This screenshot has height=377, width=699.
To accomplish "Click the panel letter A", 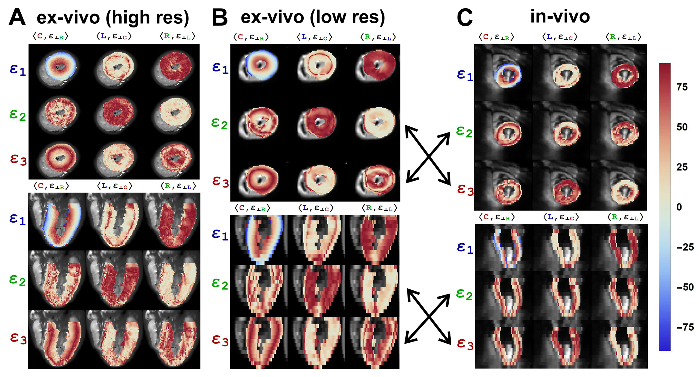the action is click(x=17, y=18).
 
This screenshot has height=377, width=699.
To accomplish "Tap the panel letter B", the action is click(x=220, y=18).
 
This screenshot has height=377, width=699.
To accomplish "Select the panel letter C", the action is click(x=465, y=18).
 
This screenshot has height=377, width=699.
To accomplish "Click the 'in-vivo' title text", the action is click(x=560, y=17).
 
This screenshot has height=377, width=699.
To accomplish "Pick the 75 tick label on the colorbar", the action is click(x=682, y=87).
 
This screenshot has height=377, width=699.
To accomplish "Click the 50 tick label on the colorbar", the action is click(x=682, y=127).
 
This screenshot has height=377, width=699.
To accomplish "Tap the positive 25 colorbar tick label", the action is click(x=682, y=167).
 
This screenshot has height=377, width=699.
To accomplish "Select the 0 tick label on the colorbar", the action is click(x=679, y=207).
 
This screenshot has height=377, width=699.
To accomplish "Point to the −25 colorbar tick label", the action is click(x=685, y=247).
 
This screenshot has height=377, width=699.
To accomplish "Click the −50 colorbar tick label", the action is click(x=685, y=287).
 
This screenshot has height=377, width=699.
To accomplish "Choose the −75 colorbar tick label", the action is click(x=685, y=327).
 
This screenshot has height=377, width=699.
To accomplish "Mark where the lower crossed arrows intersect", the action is click(x=428, y=317).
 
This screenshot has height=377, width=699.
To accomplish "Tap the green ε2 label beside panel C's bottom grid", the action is click(x=465, y=295).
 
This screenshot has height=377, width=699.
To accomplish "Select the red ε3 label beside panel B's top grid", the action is click(x=220, y=182).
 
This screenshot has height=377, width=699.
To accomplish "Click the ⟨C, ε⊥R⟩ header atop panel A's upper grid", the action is click(x=51, y=36).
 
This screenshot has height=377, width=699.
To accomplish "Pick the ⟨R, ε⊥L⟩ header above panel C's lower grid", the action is click(x=625, y=217).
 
